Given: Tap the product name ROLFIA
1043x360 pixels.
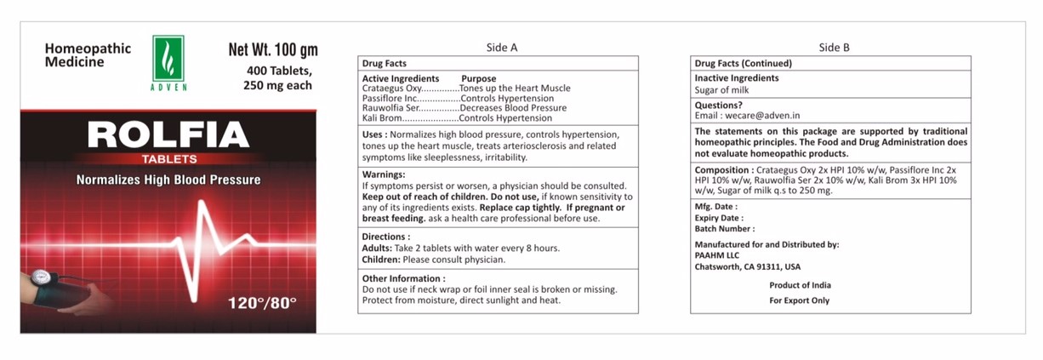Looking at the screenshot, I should coord(168,134).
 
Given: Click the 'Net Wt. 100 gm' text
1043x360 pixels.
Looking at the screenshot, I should coord(272,49).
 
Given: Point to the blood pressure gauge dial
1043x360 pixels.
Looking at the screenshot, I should coord(38,277).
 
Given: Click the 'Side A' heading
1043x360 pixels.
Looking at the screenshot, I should coord(501,48).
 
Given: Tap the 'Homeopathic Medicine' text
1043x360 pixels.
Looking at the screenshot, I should coord(88,55).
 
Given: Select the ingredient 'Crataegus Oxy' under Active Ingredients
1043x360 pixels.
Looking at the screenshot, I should coord(391,89).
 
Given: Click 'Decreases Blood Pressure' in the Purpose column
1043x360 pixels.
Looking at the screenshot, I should coord(513,108).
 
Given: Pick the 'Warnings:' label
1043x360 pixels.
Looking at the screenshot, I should coord(384,174).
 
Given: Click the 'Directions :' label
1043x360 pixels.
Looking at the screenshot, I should coord(386,237).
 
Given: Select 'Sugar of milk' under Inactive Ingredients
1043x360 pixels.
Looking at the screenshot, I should coord(722,89).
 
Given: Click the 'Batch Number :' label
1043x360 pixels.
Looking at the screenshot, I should coord(724,229).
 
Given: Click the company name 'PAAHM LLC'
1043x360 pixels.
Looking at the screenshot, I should coord(718,255).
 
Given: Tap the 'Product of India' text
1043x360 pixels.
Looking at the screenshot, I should coord(800,285).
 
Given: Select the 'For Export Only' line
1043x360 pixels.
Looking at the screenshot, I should coord(800,300).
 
